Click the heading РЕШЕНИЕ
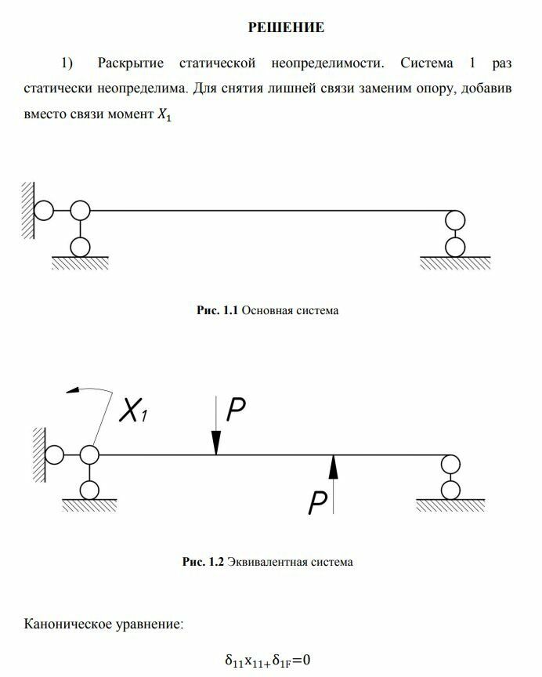[x=286, y=28]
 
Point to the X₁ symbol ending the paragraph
[x=162, y=115]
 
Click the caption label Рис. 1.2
[x=203, y=562]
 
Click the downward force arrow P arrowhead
[x=216, y=447]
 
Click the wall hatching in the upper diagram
[x=27, y=211]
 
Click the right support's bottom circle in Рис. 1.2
[x=450, y=490]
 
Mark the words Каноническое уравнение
[x=104, y=625]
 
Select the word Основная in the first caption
[x=264, y=311]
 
